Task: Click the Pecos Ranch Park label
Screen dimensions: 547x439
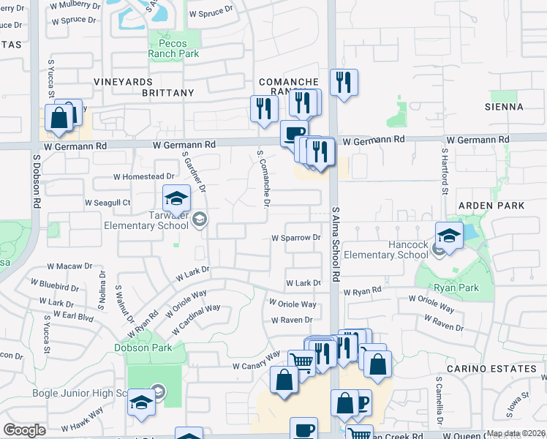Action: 173,48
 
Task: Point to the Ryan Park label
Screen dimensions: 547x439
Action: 455,288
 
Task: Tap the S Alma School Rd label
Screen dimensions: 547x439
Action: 337,244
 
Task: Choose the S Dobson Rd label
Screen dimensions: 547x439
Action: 36,182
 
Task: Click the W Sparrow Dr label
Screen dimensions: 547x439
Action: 296,238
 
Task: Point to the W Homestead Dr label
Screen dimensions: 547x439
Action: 144,176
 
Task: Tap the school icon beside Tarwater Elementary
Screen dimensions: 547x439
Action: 176,198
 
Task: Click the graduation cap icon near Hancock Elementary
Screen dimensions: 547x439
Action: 449,235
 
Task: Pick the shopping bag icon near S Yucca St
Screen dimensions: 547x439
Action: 59,118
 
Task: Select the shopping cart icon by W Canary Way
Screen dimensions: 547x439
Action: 301,361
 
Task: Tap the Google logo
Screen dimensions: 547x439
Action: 24,430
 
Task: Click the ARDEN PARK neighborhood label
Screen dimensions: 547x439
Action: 491,206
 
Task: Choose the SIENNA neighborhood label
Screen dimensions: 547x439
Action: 504,107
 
